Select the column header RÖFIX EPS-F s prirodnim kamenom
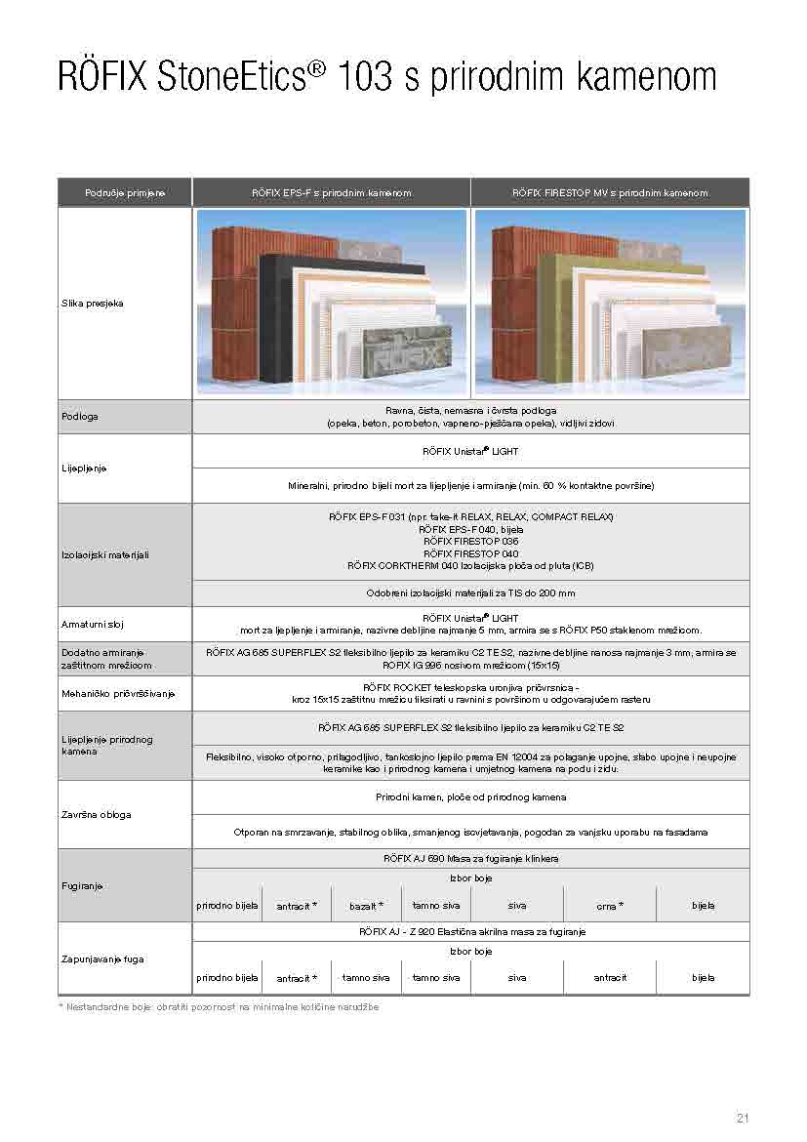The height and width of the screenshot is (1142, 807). pos(331,193)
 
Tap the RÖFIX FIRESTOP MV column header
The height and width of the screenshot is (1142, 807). pos(610,193)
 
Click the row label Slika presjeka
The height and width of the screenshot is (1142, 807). pos(92,304)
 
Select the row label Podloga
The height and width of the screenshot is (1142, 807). pos(78,418)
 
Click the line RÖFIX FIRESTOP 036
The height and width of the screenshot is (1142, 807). pos(470,541)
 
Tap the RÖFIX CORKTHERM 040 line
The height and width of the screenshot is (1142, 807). pos(470,566)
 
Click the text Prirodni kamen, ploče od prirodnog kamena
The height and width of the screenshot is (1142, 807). pos(470,797)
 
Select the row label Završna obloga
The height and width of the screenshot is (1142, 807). pos(96,814)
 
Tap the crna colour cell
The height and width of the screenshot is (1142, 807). pos(609,907)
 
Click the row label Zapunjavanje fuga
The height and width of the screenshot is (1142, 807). pos(101,958)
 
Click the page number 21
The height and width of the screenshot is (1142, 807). pos(742,1118)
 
